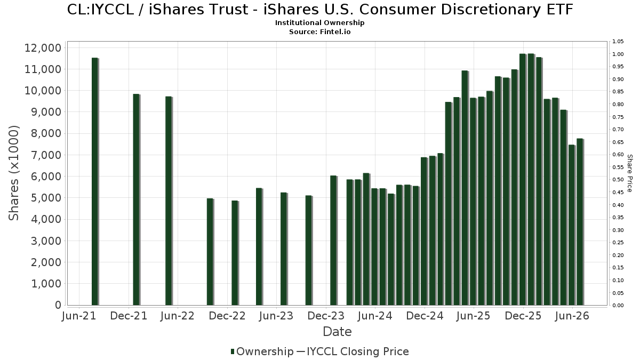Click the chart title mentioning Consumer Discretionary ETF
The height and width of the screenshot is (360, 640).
(x=320, y=10)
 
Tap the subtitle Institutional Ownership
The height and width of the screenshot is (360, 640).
(x=319, y=23)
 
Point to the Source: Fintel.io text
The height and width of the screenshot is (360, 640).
(x=319, y=31)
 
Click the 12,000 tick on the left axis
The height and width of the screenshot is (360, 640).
(x=43, y=47)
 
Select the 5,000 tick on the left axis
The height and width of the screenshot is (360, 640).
(x=46, y=198)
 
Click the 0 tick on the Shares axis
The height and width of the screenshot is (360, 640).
(x=58, y=305)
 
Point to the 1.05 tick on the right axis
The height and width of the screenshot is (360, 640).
(x=618, y=42)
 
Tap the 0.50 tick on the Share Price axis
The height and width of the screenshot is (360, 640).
(x=618, y=180)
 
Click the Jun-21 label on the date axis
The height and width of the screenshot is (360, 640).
(x=79, y=316)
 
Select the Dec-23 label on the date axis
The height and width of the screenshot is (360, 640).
(x=326, y=316)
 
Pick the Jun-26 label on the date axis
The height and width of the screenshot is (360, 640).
(x=572, y=316)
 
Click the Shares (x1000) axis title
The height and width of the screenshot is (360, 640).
(x=14, y=173)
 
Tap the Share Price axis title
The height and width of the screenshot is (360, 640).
(x=629, y=173)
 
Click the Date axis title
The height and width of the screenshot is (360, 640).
(x=337, y=332)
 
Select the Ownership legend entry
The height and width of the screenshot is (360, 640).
(x=262, y=351)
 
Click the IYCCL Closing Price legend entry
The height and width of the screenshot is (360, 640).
(x=353, y=351)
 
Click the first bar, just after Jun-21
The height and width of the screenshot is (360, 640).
(x=95, y=181)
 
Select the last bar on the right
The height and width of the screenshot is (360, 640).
(x=580, y=222)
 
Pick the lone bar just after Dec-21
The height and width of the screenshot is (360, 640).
(x=137, y=199)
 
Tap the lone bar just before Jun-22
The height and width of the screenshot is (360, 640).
(x=169, y=201)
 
